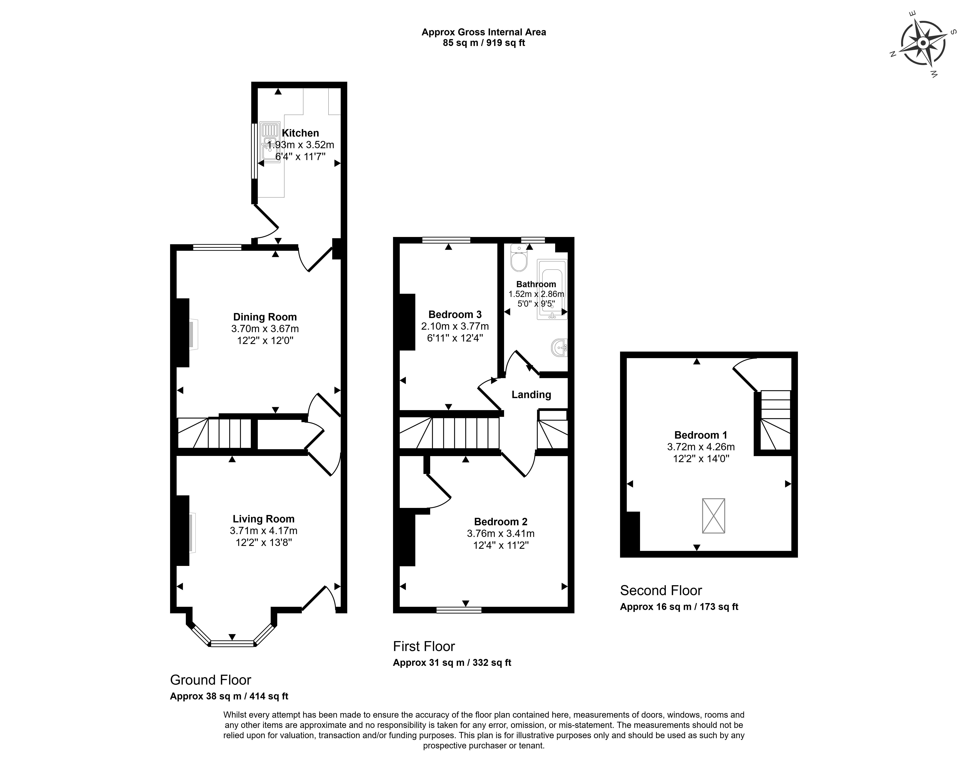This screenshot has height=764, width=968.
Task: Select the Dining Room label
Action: (x=265, y=317)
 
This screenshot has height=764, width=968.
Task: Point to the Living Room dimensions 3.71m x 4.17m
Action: (x=263, y=531)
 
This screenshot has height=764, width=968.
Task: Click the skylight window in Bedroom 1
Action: (x=713, y=516)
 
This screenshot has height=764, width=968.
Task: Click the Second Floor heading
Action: (x=661, y=591)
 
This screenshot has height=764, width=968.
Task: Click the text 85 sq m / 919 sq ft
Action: (x=484, y=43)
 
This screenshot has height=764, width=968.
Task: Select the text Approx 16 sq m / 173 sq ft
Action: (x=679, y=607)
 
